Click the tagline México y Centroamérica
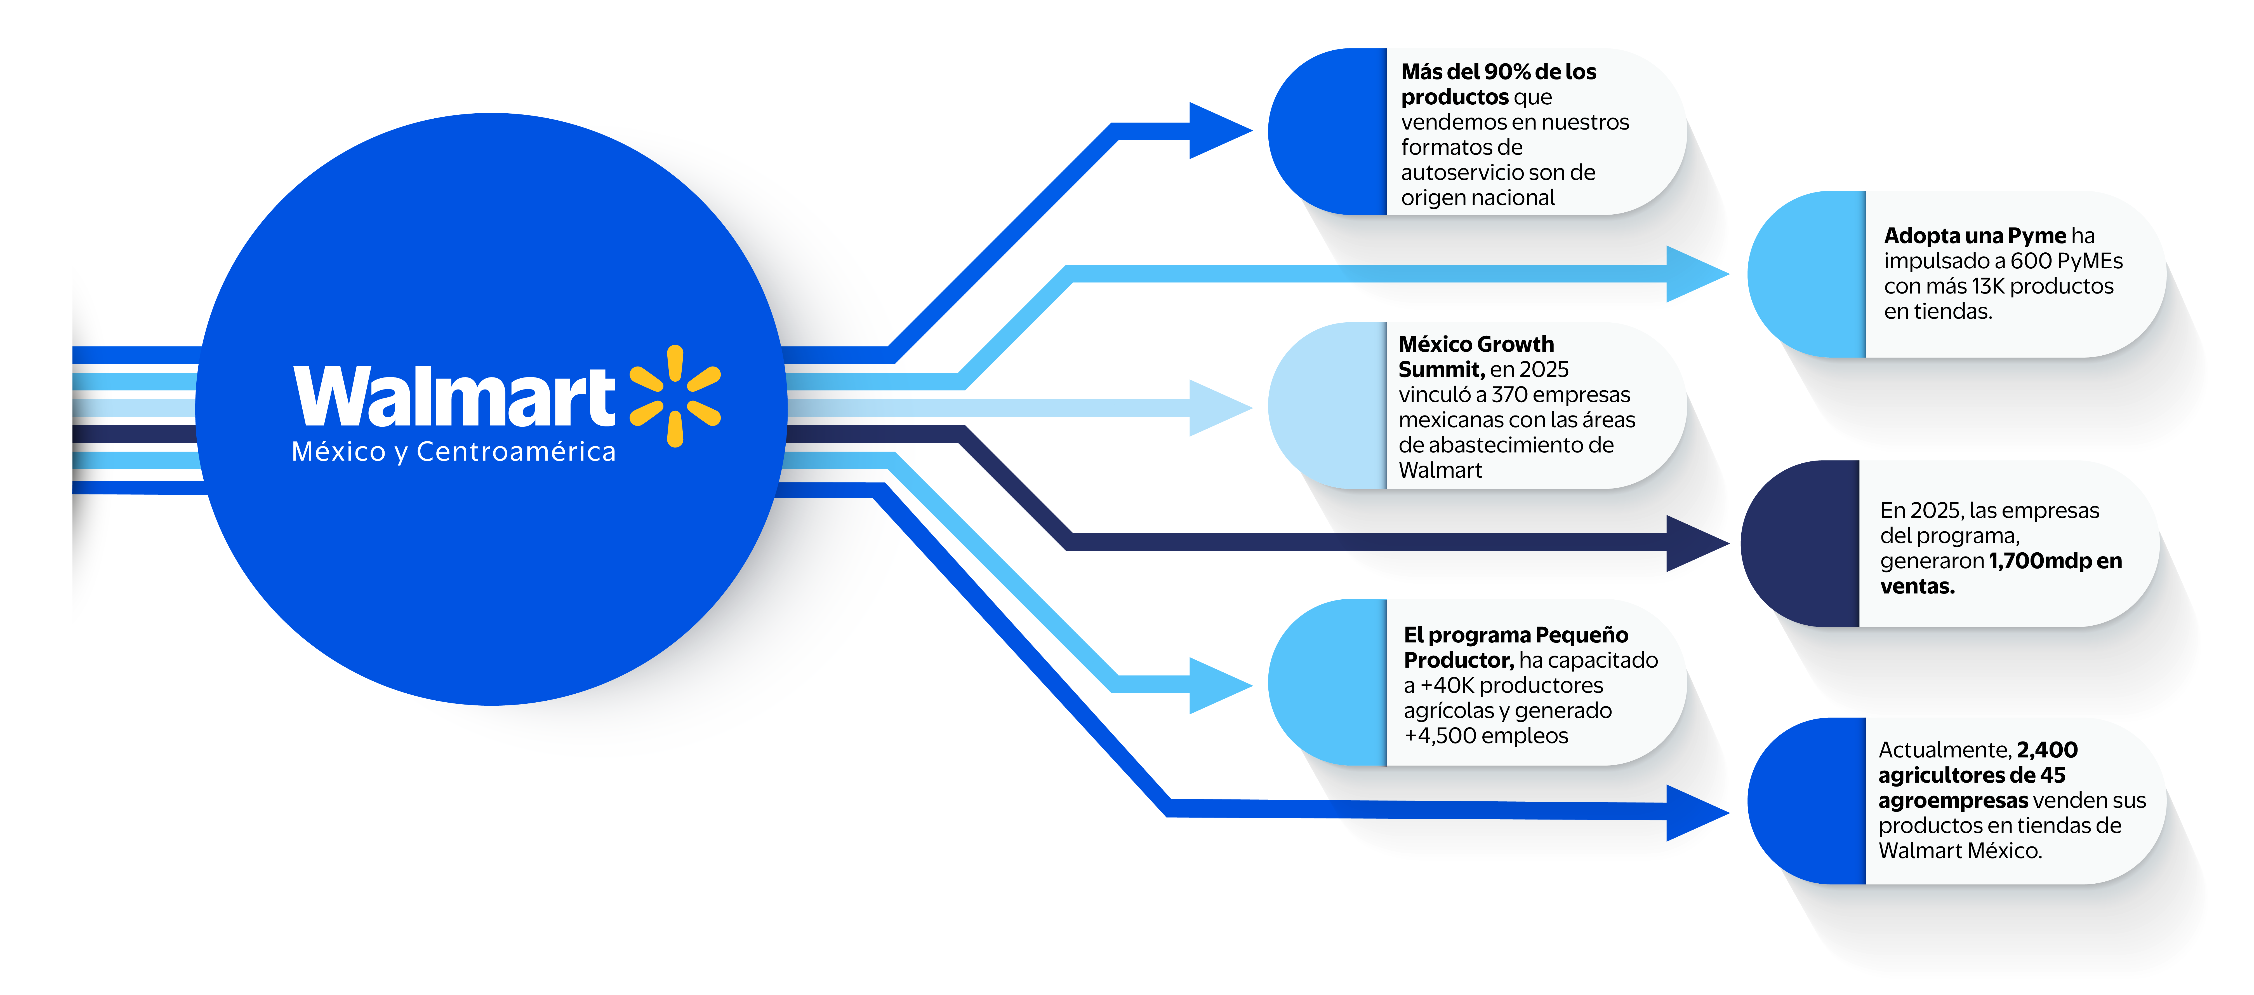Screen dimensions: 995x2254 tap(453, 452)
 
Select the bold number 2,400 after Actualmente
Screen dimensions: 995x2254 tap(2047, 750)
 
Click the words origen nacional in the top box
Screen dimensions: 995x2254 tap(1478, 198)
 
